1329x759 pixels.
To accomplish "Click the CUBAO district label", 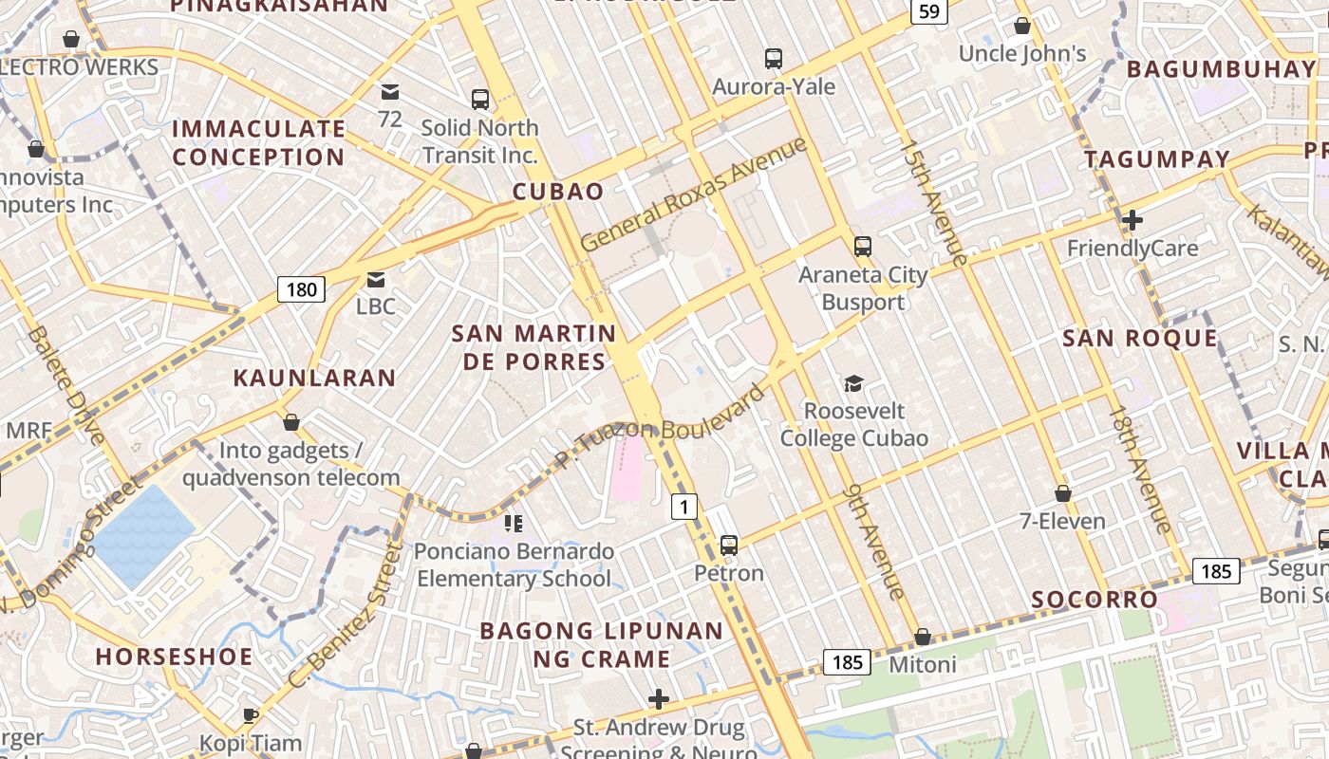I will pos(558,192).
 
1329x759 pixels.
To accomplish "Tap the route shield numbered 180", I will pos(301,289).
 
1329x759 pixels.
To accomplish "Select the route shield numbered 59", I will pos(928,11).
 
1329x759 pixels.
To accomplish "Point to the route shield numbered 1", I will pos(683,507).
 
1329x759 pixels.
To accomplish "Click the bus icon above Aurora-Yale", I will pos(774,59).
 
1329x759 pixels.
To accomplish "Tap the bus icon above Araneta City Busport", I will pos(862,247).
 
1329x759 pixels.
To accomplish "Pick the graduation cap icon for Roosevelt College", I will pos(853,383).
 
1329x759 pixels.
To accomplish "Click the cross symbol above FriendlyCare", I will pos(1132,220).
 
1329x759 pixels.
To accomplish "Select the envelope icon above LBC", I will pos(376,279).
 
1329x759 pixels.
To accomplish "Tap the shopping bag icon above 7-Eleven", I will pos(1062,493).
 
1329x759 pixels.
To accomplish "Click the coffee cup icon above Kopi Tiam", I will pos(251,715).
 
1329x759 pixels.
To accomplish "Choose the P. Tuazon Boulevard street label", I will pos(661,427).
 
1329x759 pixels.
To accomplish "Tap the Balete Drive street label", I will pos(66,385).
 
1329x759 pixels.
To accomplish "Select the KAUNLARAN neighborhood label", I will pos(314,378).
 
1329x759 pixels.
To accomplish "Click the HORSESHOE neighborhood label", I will pos(174,657).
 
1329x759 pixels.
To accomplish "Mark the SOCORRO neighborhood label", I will pos(1095,600).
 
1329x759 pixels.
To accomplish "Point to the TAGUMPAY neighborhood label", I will pos(1157,159).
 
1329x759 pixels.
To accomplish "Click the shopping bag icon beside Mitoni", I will pos(922,637).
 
